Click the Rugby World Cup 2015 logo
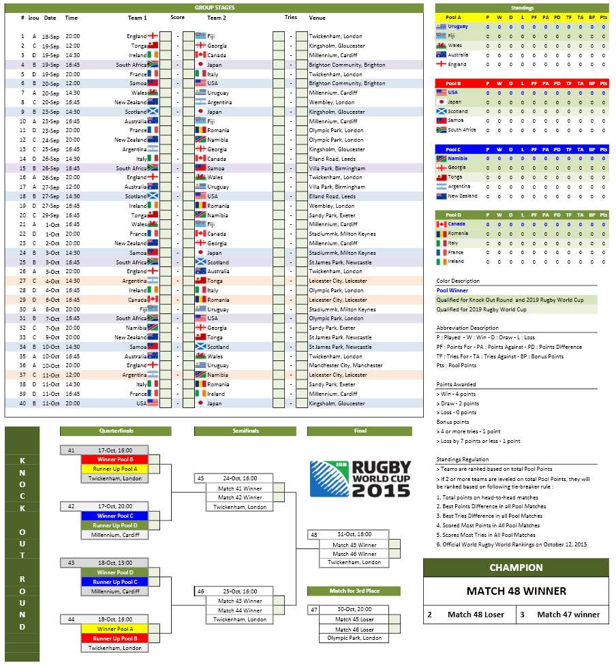[x=360, y=479]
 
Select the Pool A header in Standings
[x=453, y=17]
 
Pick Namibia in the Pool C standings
[x=457, y=158]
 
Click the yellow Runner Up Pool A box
[x=111, y=469]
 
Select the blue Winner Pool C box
[x=111, y=516]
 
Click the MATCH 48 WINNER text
[x=516, y=591]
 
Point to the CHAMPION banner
[x=516, y=568]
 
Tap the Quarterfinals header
[x=116, y=431]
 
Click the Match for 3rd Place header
[x=354, y=591]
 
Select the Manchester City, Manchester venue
[x=345, y=365]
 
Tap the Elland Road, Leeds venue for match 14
[x=333, y=159]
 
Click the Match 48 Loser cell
[x=476, y=615]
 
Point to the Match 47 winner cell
[x=568, y=615]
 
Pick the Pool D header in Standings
[x=453, y=215]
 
